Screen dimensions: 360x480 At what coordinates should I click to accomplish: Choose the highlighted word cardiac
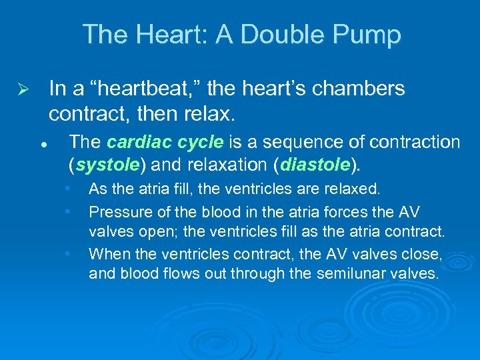point(131,143)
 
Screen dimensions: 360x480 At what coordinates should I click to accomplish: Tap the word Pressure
point(115,212)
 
